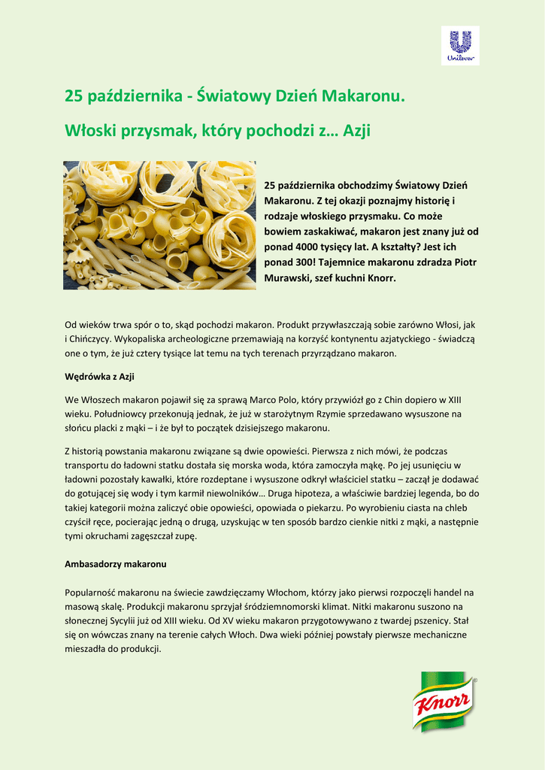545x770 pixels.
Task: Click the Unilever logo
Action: [459, 45]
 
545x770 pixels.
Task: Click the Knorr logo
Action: [444, 703]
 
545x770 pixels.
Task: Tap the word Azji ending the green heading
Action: [356, 131]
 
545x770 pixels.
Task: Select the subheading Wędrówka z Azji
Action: [99, 376]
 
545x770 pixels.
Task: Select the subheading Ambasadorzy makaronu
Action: [116, 563]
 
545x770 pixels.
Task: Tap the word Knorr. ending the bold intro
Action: [377, 278]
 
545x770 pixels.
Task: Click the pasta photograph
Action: [159, 226]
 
